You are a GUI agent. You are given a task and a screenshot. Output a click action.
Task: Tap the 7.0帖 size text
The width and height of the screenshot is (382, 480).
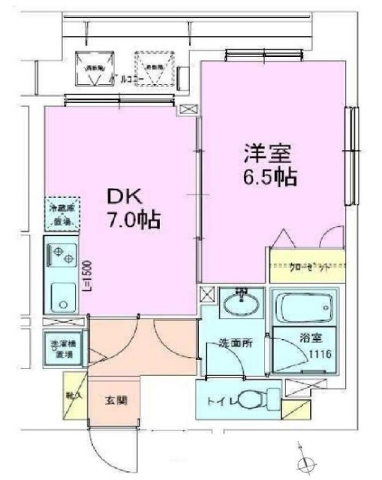point(133,223)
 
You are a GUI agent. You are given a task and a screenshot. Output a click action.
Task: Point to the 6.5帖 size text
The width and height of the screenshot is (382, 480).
point(269,178)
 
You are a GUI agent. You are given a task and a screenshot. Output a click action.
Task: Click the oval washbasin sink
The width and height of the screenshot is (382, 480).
point(240,305)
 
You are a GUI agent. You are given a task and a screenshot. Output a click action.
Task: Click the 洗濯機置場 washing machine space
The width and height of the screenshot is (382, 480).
point(62,349)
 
